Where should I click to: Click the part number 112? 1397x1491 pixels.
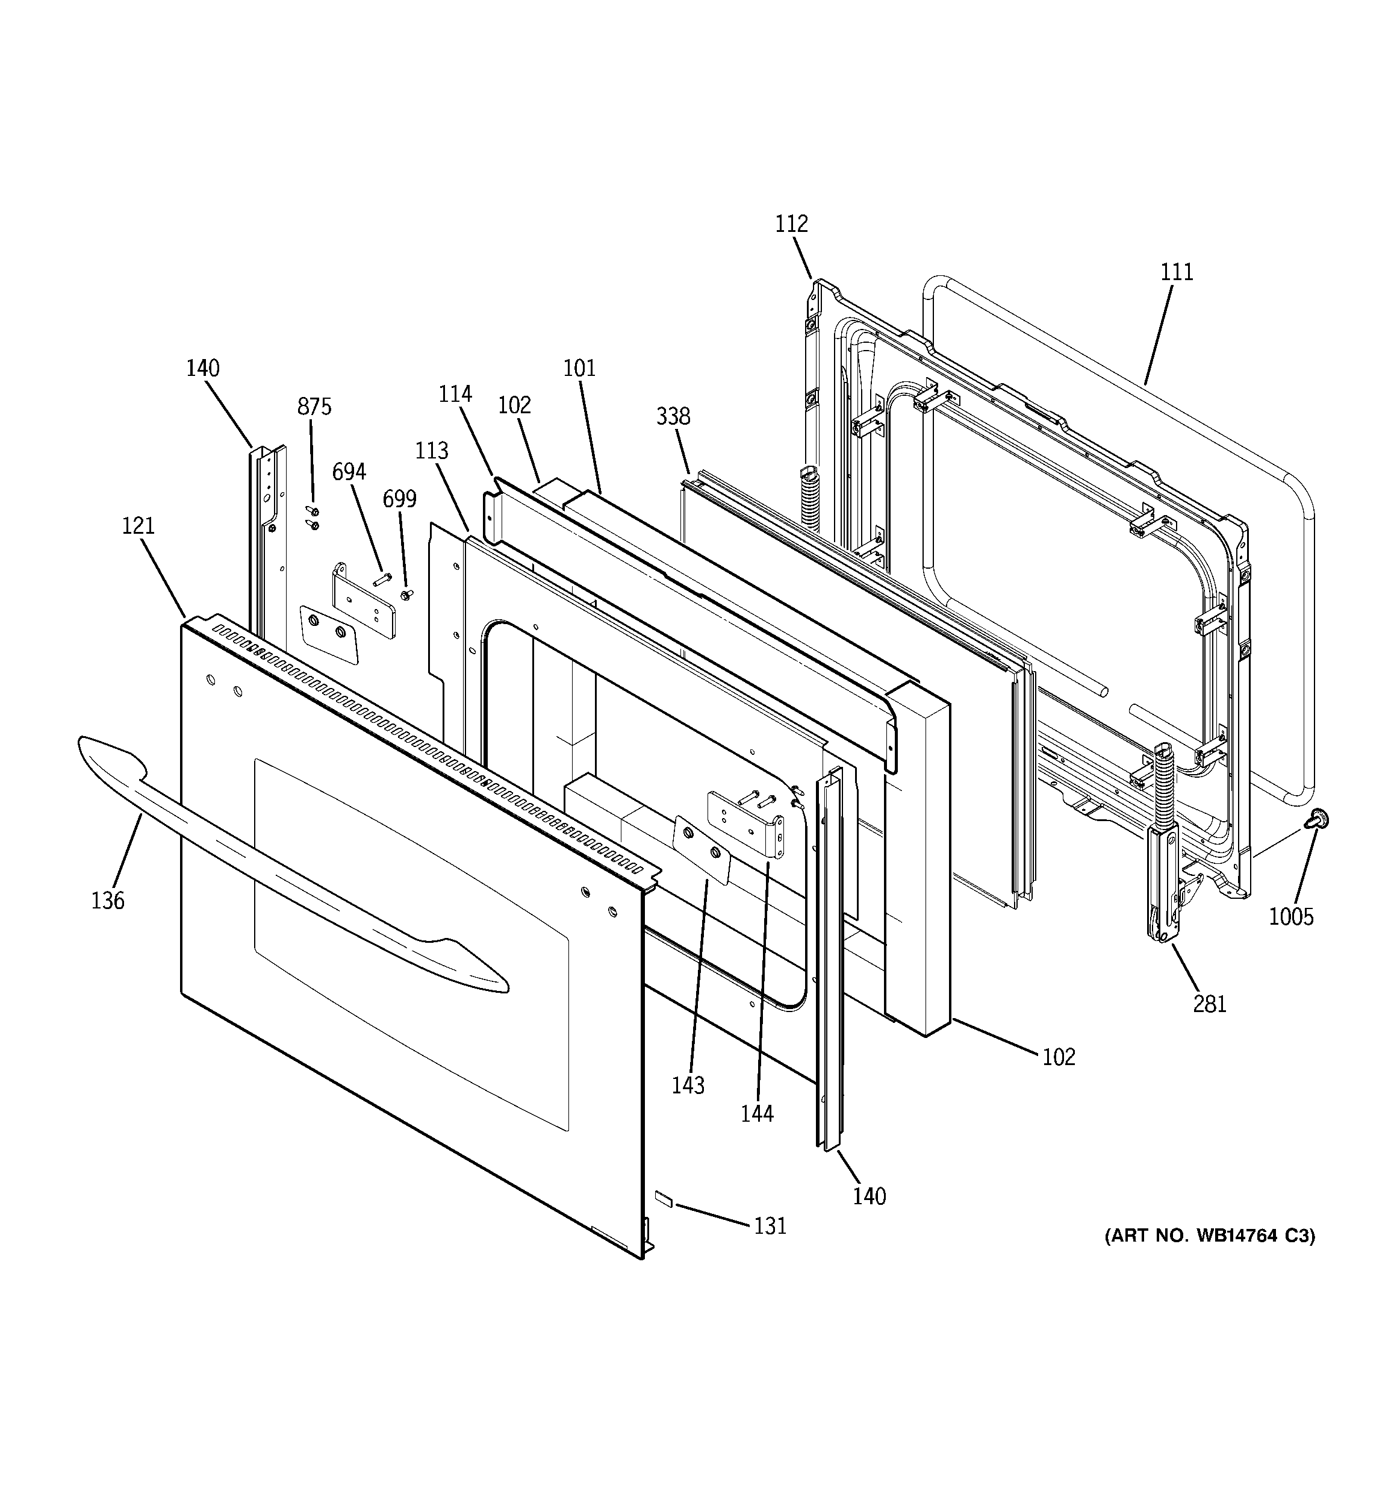(791, 224)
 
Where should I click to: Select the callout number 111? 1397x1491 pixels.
(1177, 272)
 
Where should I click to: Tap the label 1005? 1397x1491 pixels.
(1291, 916)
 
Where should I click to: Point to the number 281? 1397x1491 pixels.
(1210, 1004)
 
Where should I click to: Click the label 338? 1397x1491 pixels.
(673, 416)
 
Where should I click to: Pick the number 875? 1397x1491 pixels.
(314, 407)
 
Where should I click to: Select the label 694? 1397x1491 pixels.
(349, 472)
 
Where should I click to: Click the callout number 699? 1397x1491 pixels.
(399, 499)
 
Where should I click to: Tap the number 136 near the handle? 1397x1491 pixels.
(107, 901)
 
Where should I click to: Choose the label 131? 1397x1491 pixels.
(770, 1227)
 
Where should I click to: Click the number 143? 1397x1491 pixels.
(688, 1085)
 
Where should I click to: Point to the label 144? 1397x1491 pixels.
(757, 1114)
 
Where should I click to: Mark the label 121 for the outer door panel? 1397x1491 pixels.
(138, 526)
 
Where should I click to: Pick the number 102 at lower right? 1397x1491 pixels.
(1058, 1057)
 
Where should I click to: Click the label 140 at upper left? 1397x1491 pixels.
(202, 368)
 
